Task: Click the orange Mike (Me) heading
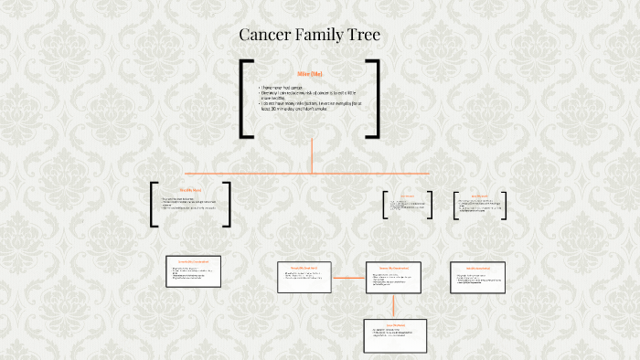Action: (x=310, y=73)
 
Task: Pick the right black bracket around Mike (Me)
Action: (x=374, y=99)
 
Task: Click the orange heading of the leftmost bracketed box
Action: (x=190, y=190)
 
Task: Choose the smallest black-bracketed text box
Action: (x=407, y=205)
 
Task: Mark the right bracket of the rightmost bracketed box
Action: (x=507, y=205)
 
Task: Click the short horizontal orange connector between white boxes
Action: (x=348, y=276)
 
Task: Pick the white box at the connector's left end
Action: (x=304, y=277)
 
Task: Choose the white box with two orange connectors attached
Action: (x=394, y=277)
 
